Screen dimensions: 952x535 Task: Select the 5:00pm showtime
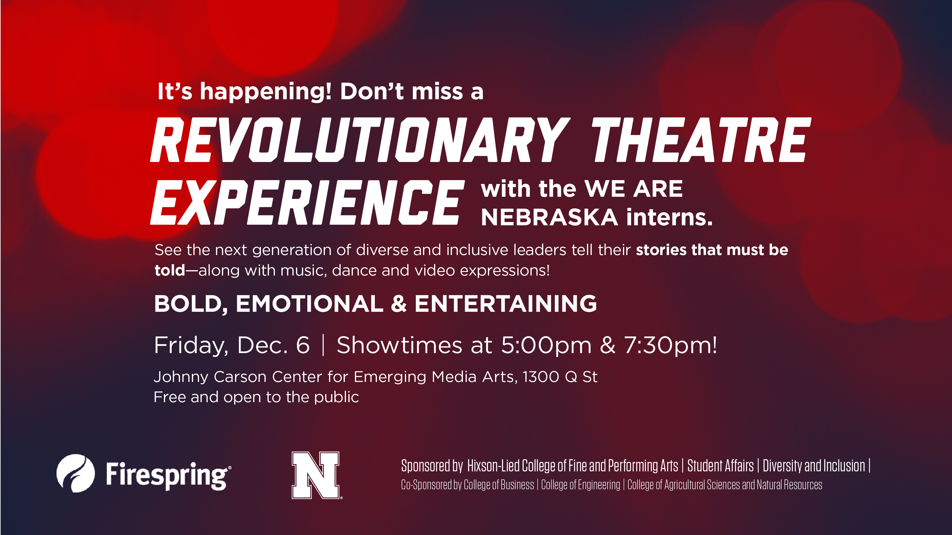click(546, 345)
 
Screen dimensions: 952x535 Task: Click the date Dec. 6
click(273, 345)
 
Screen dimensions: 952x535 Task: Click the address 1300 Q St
click(560, 377)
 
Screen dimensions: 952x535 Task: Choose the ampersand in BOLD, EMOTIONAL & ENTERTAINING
click(398, 304)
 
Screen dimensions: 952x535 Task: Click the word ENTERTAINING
click(505, 304)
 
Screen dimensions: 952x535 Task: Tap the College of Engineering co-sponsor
click(581, 485)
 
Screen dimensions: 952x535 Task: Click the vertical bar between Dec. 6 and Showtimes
click(323, 345)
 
